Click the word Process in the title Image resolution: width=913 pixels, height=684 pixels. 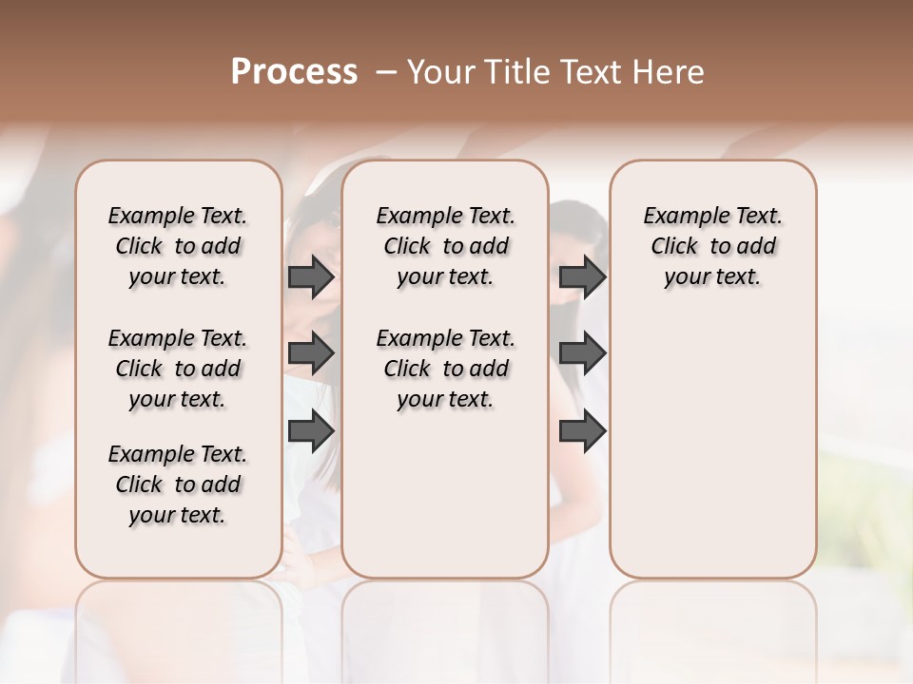coord(294,72)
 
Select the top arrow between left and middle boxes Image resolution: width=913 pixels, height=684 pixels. coord(311,277)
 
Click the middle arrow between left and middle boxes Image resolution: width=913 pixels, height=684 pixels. coord(311,354)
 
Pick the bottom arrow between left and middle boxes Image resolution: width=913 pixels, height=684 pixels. coord(311,430)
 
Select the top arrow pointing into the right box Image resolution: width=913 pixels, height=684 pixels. coord(582,277)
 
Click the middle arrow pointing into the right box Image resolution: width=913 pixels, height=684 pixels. coord(582,354)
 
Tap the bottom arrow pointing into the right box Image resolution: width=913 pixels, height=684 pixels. coord(582,430)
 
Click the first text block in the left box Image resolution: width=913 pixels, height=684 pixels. coord(178,246)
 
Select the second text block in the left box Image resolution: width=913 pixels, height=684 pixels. coord(178,369)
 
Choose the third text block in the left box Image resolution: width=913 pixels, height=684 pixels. coord(178,484)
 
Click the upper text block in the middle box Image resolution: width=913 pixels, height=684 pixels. coord(445,246)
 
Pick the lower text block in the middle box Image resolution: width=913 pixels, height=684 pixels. coord(445,369)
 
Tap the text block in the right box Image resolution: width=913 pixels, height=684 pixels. coord(712,246)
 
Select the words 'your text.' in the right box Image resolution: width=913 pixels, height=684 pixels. coord(712,277)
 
